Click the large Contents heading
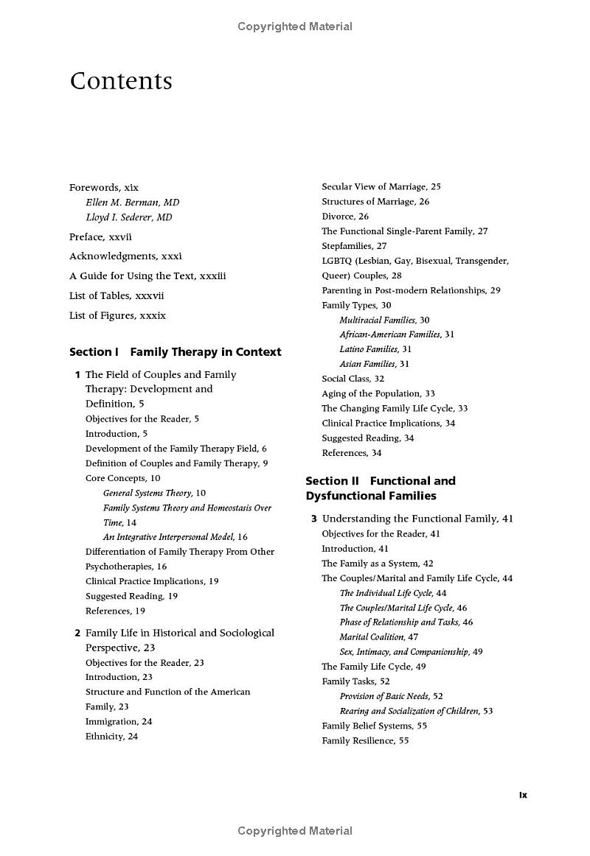(x=121, y=81)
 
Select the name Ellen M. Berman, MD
(x=133, y=203)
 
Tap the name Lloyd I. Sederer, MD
(x=129, y=217)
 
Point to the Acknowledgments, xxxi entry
(x=125, y=256)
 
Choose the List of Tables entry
(x=117, y=295)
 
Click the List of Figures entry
(x=117, y=315)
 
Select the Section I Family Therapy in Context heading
(x=176, y=352)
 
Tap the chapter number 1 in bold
(x=77, y=375)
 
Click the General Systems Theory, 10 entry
(x=154, y=493)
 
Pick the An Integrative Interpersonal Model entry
(x=175, y=537)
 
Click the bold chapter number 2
(x=77, y=633)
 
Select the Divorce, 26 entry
(x=345, y=217)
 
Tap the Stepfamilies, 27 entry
(x=354, y=246)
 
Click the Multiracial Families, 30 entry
(x=384, y=320)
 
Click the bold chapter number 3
(x=314, y=519)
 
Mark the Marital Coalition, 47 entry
(x=378, y=636)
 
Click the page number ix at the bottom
(x=523, y=795)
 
